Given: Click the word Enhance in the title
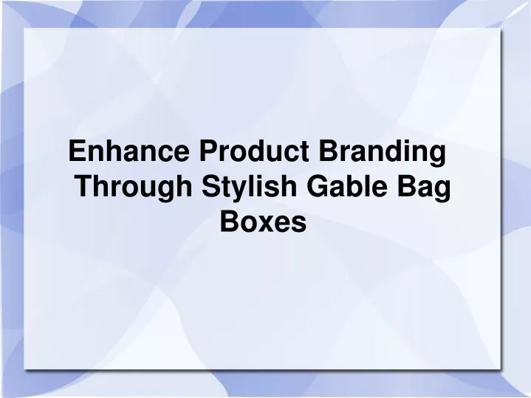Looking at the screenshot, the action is pyautogui.click(x=129, y=151).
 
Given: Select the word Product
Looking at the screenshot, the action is pyautogui.click(x=254, y=151).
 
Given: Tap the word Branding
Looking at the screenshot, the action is pyautogui.click(x=383, y=153).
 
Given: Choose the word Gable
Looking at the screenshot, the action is pyautogui.click(x=347, y=185).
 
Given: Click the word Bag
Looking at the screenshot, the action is pyautogui.click(x=425, y=188).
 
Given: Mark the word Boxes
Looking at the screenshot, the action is pyautogui.click(x=264, y=222).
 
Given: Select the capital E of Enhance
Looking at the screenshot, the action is pyautogui.click(x=78, y=151).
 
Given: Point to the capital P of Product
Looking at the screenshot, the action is pyautogui.click(x=208, y=151).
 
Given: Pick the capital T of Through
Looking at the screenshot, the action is pyautogui.click(x=84, y=186).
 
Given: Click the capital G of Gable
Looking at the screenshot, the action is pyautogui.click(x=318, y=186).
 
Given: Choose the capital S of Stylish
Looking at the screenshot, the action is pyautogui.click(x=212, y=186).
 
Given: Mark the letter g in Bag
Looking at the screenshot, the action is pyautogui.click(x=443, y=192).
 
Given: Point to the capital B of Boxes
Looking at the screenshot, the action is pyautogui.click(x=230, y=222).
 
